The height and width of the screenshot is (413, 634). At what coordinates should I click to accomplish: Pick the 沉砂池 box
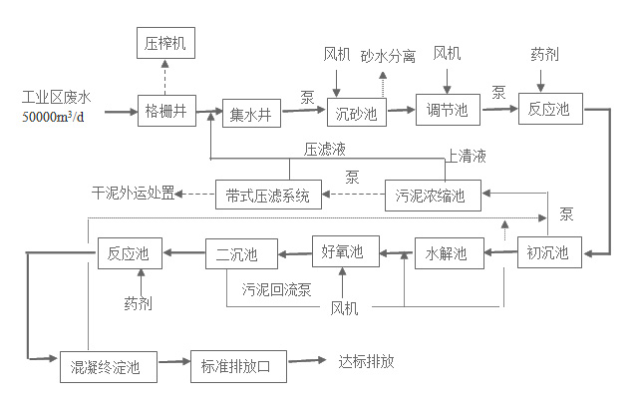pyautogui.click(x=356, y=113)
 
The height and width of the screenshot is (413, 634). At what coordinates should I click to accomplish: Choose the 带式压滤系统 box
pyautogui.click(x=268, y=195)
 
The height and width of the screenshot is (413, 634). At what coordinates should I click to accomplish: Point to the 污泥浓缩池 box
pyautogui.click(x=432, y=195)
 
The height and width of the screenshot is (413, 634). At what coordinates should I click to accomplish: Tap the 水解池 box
pyautogui.click(x=447, y=253)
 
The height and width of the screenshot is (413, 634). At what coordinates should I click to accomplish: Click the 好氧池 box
pyautogui.click(x=345, y=251)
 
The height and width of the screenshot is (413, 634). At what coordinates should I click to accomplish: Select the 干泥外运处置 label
pyautogui.click(x=133, y=194)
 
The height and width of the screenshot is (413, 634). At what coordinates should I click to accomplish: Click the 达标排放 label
pyautogui.click(x=367, y=361)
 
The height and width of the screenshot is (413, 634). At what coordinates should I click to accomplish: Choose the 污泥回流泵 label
pyautogui.click(x=277, y=290)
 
